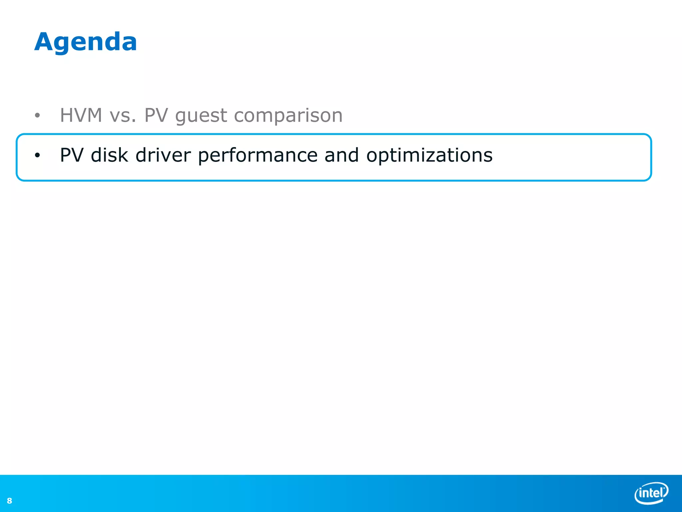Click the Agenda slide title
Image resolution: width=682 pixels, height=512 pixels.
pyautogui.click(x=86, y=42)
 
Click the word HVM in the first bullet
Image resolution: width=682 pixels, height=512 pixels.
pyautogui.click(x=81, y=115)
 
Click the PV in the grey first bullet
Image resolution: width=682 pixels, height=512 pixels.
pyautogui.click(x=156, y=115)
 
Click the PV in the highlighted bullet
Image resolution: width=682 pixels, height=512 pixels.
pyautogui.click(x=72, y=155)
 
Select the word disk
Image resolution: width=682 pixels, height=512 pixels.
pyautogui.click(x=110, y=155)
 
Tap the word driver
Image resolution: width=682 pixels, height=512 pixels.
pyautogui.click(x=163, y=155)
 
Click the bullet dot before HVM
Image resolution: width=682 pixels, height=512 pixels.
pyautogui.click(x=37, y=116)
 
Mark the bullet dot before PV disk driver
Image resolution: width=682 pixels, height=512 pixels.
pyautogui.click(x=37, y=155)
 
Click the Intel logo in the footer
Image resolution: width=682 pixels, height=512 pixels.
pyautogui.click(x=651, y=493)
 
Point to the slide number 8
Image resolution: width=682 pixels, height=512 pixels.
pyautogui.click(x=9, y=501)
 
